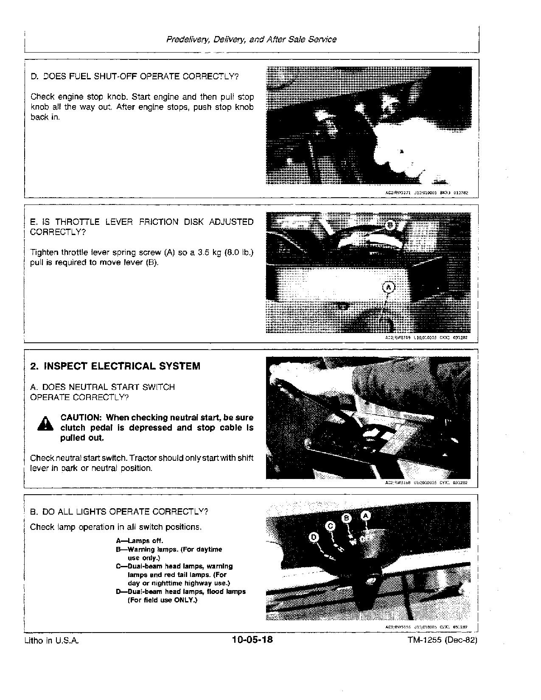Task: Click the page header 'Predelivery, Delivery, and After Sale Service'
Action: click(x=251, y=39)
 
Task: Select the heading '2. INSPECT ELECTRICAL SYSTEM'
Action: click(x=115, y=366)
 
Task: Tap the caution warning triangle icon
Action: click(x=45, y=423)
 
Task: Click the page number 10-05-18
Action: click(x=252, y=639)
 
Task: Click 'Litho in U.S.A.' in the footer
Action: click(x=52, y=641)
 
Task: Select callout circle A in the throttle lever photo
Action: click(x=389, y=288)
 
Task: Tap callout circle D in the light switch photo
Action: click(x=314, y=537)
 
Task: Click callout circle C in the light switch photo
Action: click(x=331, y=526)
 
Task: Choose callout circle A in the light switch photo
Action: click(x=365, y=515)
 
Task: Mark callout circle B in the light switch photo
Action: click(x=347, y=518)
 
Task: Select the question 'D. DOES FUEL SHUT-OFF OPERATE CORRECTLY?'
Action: click(x=135, y=77)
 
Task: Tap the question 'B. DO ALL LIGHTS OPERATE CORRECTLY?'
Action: click(x=119, y=512)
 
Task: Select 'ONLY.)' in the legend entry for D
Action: click(x=186, y=600)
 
